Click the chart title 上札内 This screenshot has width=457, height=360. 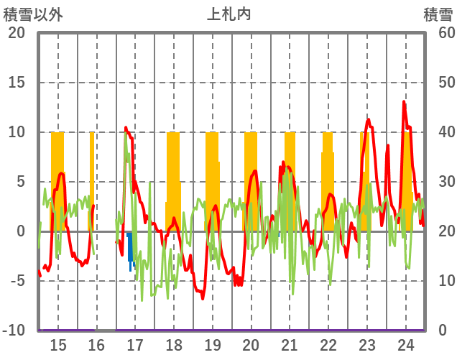(x=228, y=14)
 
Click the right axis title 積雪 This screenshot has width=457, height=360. (x=438, y=14)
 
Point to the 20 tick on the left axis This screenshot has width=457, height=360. (x=17, y=33)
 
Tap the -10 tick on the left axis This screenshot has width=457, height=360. (x=15, y=331)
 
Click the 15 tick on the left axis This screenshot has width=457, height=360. (x=17, y=83)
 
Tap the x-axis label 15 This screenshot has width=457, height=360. (x=58, y=345)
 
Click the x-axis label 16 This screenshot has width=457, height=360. (x=96, y=345)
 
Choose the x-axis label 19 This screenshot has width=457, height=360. (x=212, y=345)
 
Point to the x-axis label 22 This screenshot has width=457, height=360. (x=328, y=345)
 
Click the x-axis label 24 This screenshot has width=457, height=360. (x=405, y=345)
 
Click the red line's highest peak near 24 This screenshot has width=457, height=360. (x=404, y=102)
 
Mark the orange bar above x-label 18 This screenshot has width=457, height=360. (x=173, y=180)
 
